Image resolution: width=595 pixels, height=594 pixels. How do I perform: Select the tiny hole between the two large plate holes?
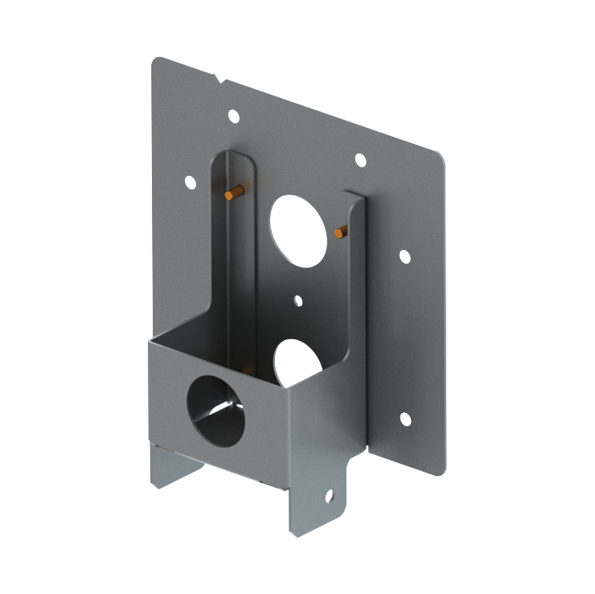pyautogui.click(x=298, y=301)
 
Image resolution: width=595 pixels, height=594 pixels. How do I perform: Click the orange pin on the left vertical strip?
pyautogui.click(x=233, y=193)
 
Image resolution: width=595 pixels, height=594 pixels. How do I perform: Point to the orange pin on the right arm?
pyautogui.click(x=342, y=232)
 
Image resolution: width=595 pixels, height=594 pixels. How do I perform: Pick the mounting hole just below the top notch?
pyautogui.click(x=233, y=117)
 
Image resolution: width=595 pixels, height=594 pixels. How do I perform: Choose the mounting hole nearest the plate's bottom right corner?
pyautogui.click(x=405, y=419)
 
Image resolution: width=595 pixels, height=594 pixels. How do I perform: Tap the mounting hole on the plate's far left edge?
pyautogui.click(x=191, y=182)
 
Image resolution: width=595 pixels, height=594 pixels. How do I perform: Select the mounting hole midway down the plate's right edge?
pyautogui.click(x=404, y=256)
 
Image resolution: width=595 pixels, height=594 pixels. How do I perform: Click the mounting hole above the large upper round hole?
pyautogui.click(x=360, y=161)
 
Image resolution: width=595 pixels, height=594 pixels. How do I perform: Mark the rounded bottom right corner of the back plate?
pyautogui.click(x=439, y=470)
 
